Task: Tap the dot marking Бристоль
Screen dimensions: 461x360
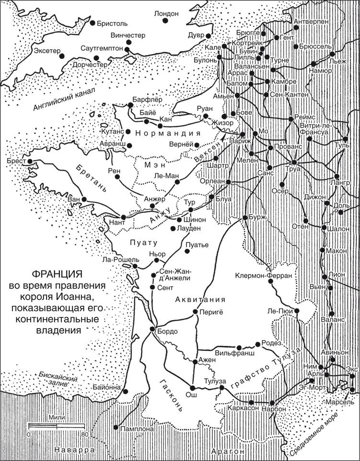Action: pos(93,23)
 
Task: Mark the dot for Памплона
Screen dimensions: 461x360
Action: pos(116,426)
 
